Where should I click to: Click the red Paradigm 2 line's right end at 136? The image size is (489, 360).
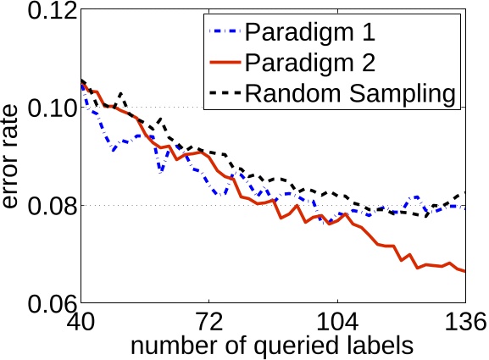[x=465, y=271]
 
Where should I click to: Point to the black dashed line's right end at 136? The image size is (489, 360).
[x=465, y=192]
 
